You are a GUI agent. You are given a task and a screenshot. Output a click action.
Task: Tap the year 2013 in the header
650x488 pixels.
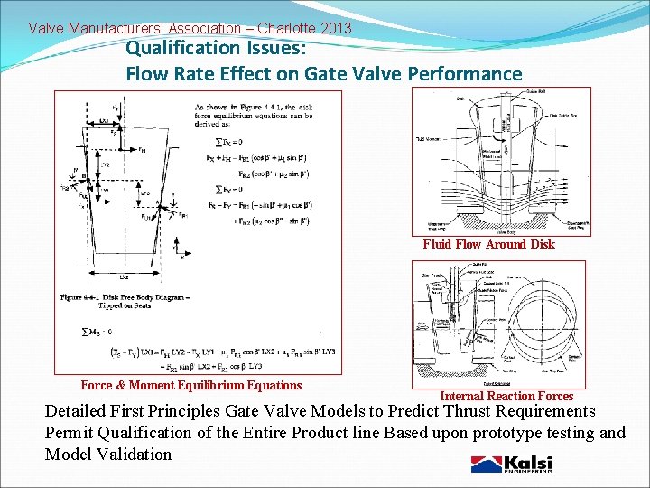coord(333,29)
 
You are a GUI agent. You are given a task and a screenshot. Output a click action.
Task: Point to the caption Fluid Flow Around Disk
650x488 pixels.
coord(488,244)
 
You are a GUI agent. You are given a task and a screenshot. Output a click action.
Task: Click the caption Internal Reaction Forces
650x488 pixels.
coord(506,396)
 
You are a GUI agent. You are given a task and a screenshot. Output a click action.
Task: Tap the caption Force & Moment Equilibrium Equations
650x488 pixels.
coord(191,386)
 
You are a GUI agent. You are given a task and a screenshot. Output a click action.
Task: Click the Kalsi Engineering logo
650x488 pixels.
coord(512,465)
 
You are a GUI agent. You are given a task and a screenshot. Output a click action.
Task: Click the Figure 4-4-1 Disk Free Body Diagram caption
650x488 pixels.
coord(123,301)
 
